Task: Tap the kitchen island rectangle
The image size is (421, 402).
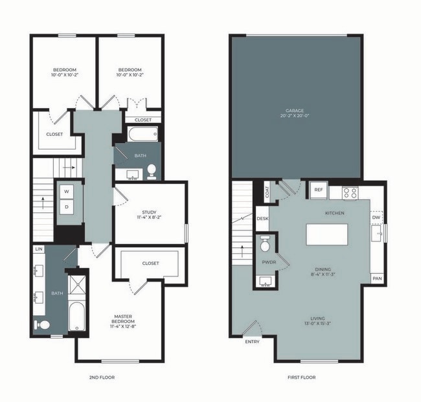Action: pos(326,234)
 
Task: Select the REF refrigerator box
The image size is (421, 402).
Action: pos(318,190)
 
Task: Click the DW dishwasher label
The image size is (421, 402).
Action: pos(376,218)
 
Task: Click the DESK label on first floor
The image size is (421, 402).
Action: pos(262,219)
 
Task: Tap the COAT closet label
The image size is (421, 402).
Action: pos(266,192)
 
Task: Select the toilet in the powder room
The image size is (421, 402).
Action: pos(264,245)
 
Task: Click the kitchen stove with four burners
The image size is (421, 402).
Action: pos(350,192)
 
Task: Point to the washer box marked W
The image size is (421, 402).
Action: pos(67,192)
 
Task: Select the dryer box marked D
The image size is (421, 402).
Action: pos(67,207)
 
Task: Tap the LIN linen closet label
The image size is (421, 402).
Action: pos(39,249)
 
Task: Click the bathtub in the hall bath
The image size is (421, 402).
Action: pos(142,135)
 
